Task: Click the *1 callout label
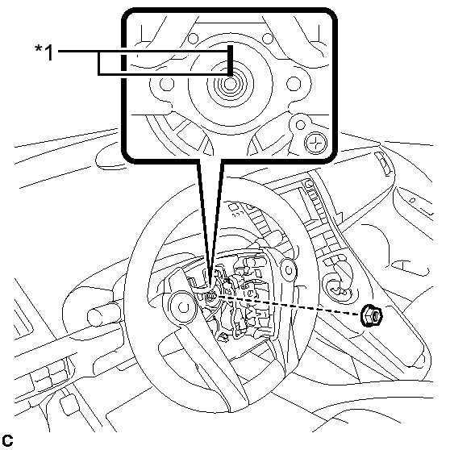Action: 44,52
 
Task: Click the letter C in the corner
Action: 7,440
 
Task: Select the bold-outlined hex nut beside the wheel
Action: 372,315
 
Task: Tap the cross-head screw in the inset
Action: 315,142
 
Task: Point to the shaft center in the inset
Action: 230,84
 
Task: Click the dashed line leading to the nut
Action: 288,306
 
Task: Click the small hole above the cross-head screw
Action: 300,125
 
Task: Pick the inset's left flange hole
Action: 166,84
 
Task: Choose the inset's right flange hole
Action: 294,84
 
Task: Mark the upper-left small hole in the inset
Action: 193,38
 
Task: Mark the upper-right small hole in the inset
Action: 268,38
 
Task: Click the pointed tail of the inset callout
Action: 210,283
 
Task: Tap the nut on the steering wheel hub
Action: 211,296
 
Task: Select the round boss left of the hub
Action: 183,307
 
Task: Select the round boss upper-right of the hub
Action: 289,270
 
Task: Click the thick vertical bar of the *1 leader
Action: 230,60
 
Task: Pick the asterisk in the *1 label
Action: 38,48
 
